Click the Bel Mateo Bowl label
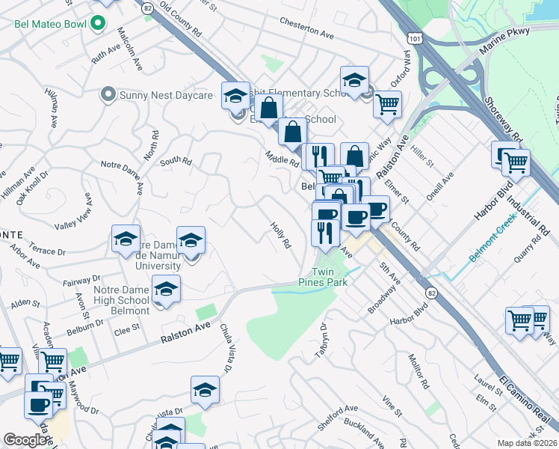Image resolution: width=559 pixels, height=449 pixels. coord(50,24)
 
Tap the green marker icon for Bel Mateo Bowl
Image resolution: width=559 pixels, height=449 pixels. coord(96,24)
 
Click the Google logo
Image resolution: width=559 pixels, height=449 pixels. coord(25,440)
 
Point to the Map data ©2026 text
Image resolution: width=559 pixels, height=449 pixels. coord(527,443)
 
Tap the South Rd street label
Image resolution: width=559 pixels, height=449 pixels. coord(176,160)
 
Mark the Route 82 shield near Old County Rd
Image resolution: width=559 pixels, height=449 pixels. coord(147,7)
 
